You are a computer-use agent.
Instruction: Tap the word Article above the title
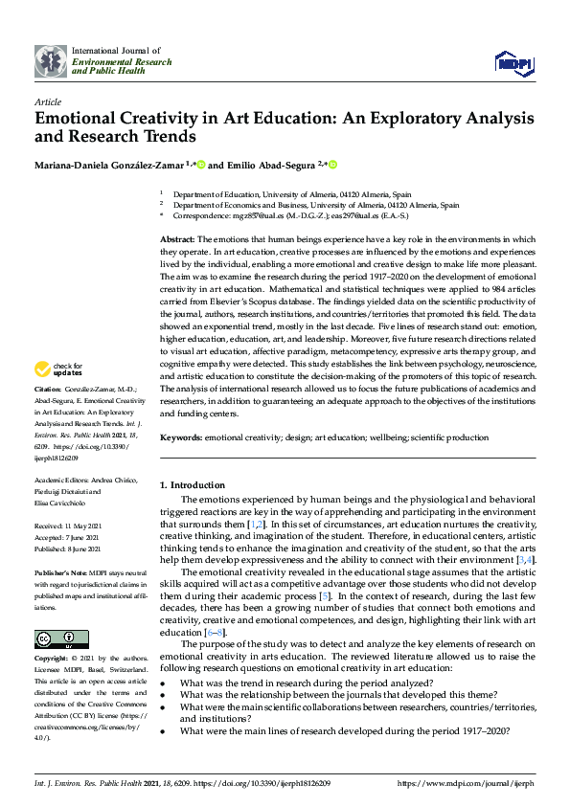click(x=48, y=101)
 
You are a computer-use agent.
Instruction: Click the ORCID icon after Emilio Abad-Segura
click(x=333, y=165)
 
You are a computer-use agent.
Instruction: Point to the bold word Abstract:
click(x=177, y=237)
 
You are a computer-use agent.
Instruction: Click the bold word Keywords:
click(x=180, y=437)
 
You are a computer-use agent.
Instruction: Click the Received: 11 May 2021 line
click(x=70, y=526)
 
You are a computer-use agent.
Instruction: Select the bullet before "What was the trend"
click(x=163, y=682)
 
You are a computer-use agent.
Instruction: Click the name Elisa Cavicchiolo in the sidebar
click(x=63, y=504)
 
